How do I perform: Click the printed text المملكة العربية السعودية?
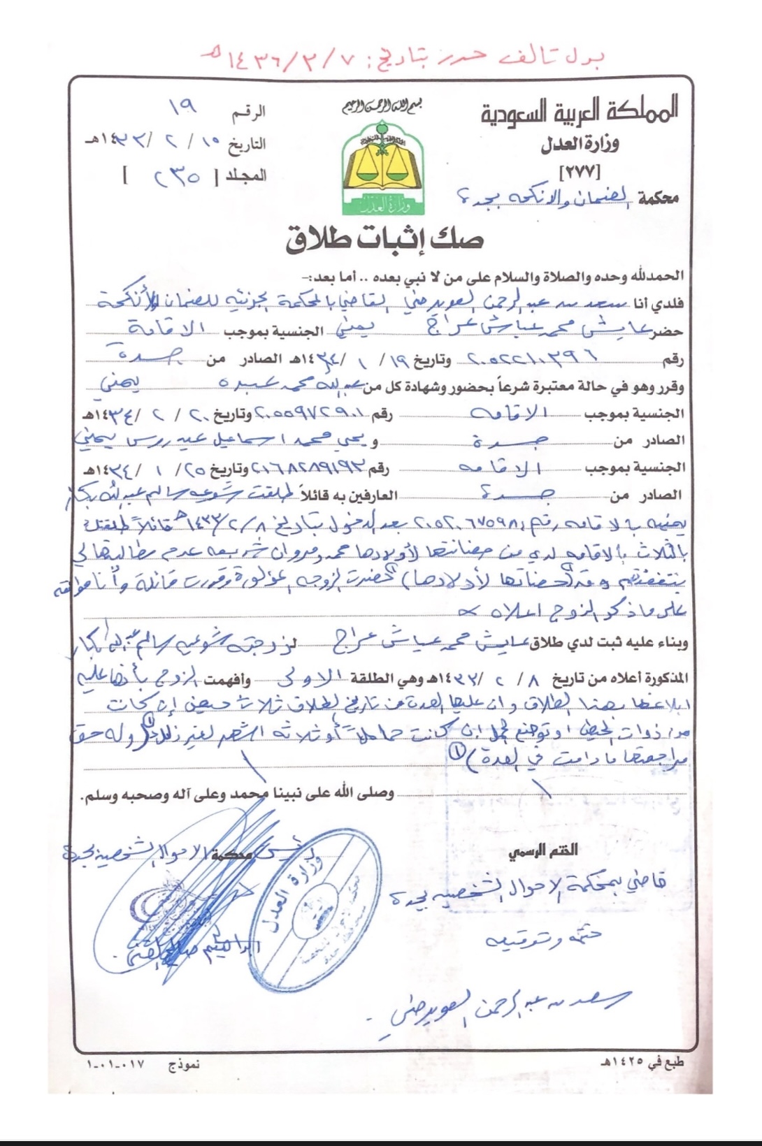[x=579, y=113]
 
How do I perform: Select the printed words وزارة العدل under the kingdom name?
[x=580, y=145]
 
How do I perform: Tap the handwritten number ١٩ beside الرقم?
[x=183, y=107]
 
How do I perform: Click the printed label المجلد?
[x=245, y=175]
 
